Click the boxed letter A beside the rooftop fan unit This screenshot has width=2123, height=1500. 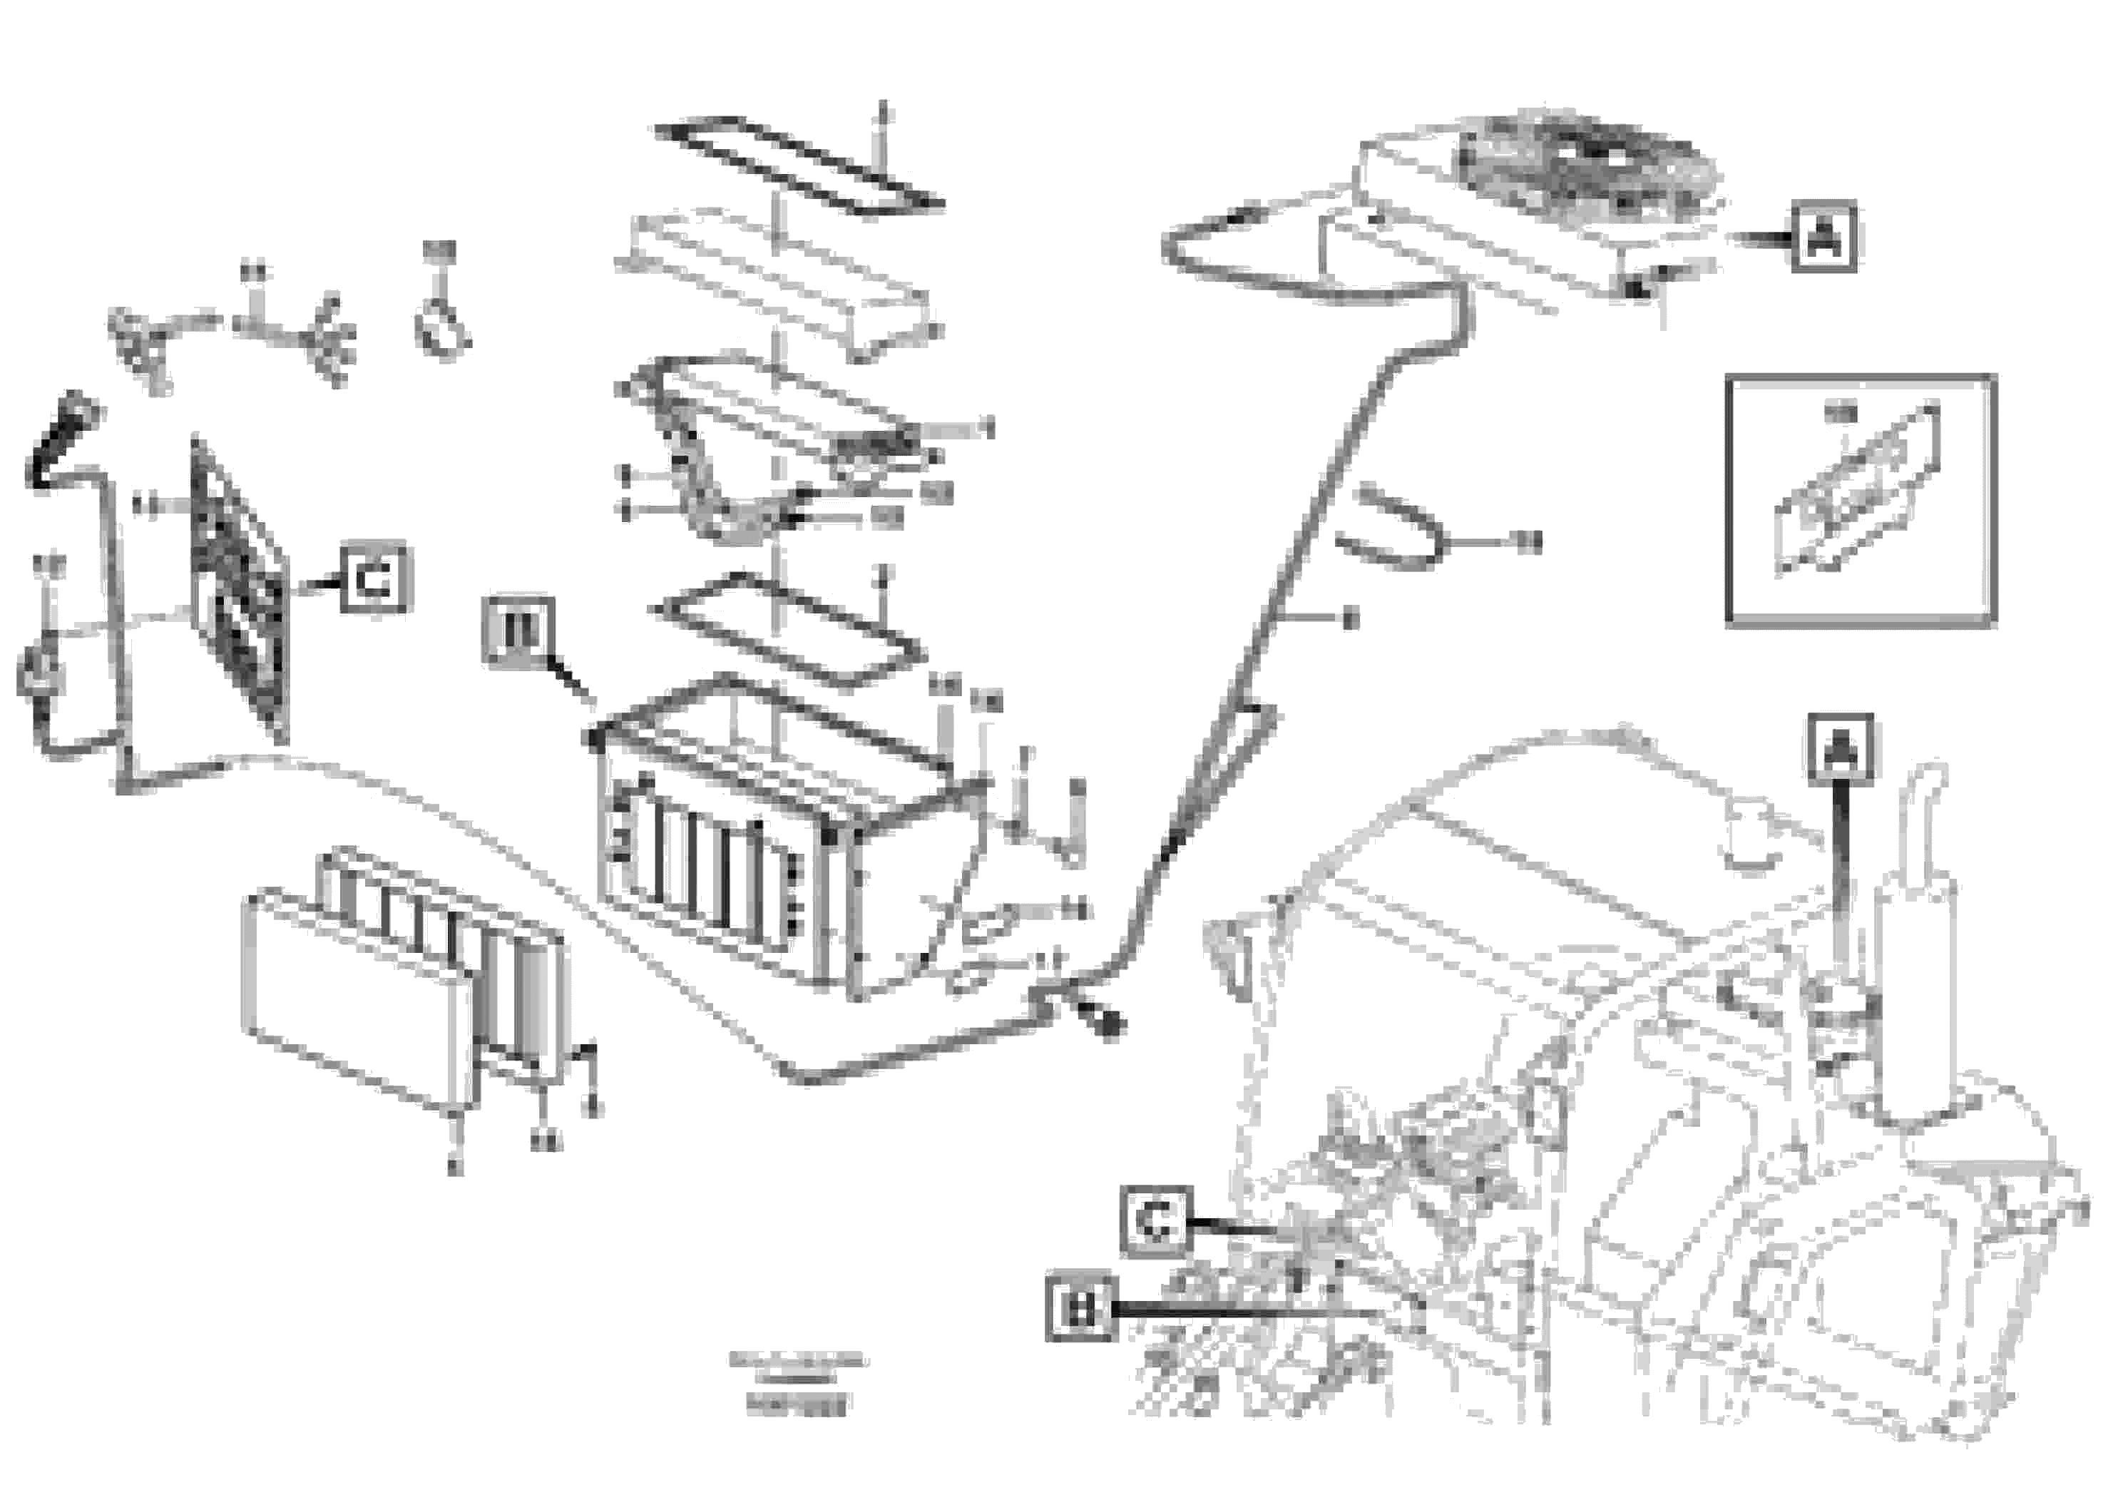point(1823,237)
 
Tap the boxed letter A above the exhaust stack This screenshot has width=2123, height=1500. point(1839,748)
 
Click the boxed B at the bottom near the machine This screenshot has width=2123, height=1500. point(1080,1307)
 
